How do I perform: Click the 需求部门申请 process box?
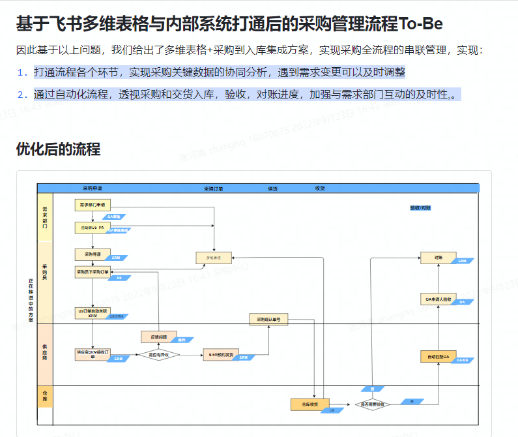point(93,205)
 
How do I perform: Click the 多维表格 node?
point(214,258)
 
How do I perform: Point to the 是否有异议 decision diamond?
point(158,355)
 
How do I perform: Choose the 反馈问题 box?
point(159,337)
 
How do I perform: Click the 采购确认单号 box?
point(268,320)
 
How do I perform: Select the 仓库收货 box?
point(309,404)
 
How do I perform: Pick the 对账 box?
point(439,258)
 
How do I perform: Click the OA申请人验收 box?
point(439,299)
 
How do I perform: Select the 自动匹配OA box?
point(438,357)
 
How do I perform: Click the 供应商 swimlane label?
point(45,354)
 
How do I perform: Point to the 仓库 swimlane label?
point(45,397)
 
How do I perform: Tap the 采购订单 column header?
point(213,188)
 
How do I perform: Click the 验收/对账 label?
point(420,208)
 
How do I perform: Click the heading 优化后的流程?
point(58,149)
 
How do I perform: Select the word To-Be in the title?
point(421,25)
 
